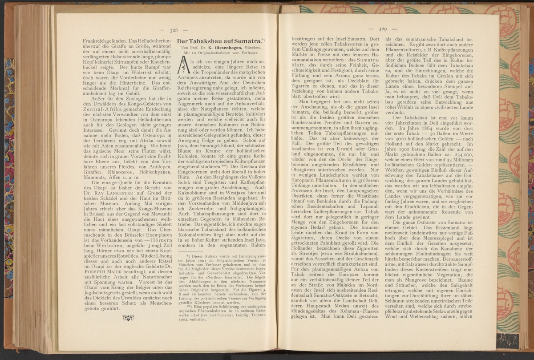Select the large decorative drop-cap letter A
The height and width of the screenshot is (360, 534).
point(182,66)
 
